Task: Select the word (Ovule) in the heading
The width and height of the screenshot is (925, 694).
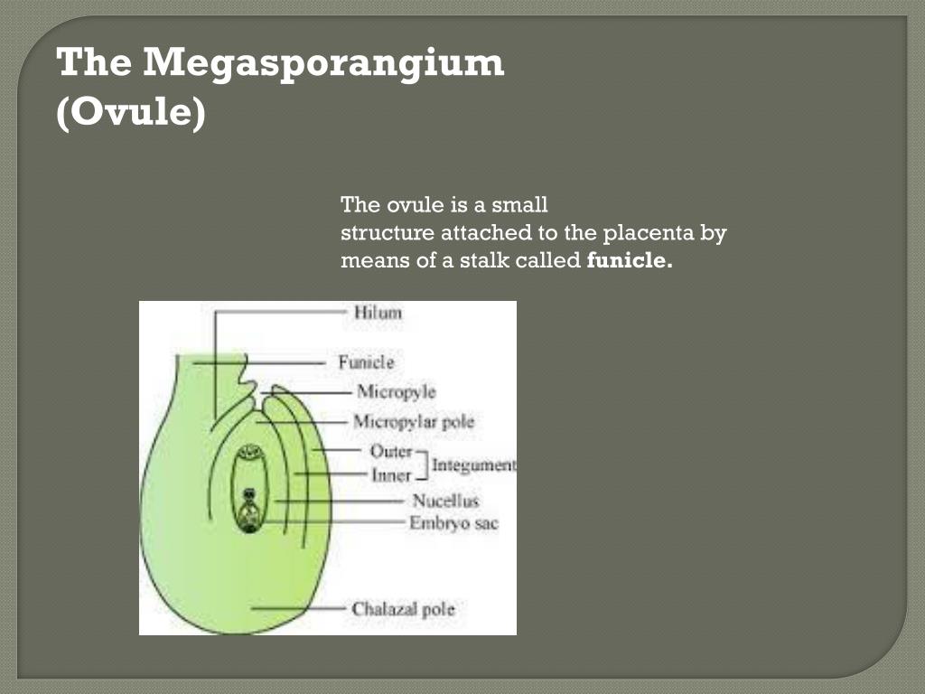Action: click(x=131, y=116)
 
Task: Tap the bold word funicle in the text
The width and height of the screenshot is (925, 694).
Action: click(x=630, y=262)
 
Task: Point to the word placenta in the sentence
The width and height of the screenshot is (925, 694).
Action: click(x=644, y=233)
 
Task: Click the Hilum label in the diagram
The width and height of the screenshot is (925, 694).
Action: click(x=378, y=313)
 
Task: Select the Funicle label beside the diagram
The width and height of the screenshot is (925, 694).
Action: click(x=366, y=362)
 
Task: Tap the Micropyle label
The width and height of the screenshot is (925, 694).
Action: click(x=396, y=392)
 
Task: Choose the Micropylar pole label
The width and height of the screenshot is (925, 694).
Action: click(x=413, y=422)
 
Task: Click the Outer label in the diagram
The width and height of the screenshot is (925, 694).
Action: click(x=390, y=451)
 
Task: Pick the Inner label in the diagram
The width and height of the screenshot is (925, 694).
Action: click(x=390, y=474)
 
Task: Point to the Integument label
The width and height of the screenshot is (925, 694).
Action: click(x=473, y=465)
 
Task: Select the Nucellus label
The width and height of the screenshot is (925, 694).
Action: click(x=445, y=501)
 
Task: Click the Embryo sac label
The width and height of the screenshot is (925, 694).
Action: click(x=453, y=523)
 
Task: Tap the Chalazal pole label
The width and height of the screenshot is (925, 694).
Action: click(x=403, y=608)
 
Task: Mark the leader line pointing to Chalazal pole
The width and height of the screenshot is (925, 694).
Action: click(x=298, y=608)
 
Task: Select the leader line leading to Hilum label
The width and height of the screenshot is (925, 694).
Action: click(x=280, y=313)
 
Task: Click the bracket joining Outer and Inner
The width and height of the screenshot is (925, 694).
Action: click(x=422, y=463)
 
